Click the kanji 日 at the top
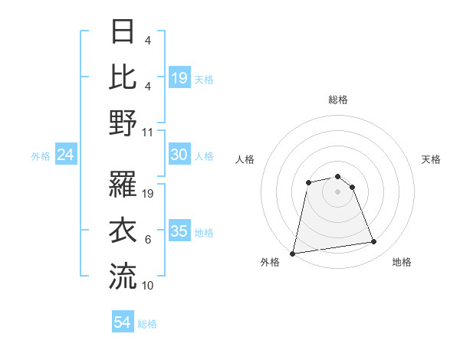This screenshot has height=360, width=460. (123, 32)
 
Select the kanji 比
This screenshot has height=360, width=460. (123, 76)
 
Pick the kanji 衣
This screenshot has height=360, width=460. (123, 230)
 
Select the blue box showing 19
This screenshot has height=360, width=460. (179, 77)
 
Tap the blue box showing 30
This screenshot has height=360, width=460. (179, 155)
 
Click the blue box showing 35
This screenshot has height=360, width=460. (179, 231)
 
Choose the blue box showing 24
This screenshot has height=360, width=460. (66, 155)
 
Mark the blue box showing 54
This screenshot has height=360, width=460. (123, 322)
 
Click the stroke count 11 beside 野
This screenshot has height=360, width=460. (148, 132)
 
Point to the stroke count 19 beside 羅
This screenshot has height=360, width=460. (149, 193)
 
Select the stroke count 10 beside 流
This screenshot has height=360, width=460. (149, 285)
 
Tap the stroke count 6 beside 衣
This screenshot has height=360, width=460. (148, 240)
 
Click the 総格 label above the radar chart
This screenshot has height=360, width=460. (338, 100)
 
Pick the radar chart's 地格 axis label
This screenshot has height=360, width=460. (402, 263)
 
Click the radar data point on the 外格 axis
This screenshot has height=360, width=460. (293, 254)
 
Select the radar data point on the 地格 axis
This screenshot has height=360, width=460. (374, 242)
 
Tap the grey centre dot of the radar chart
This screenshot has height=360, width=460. (338, 191)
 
